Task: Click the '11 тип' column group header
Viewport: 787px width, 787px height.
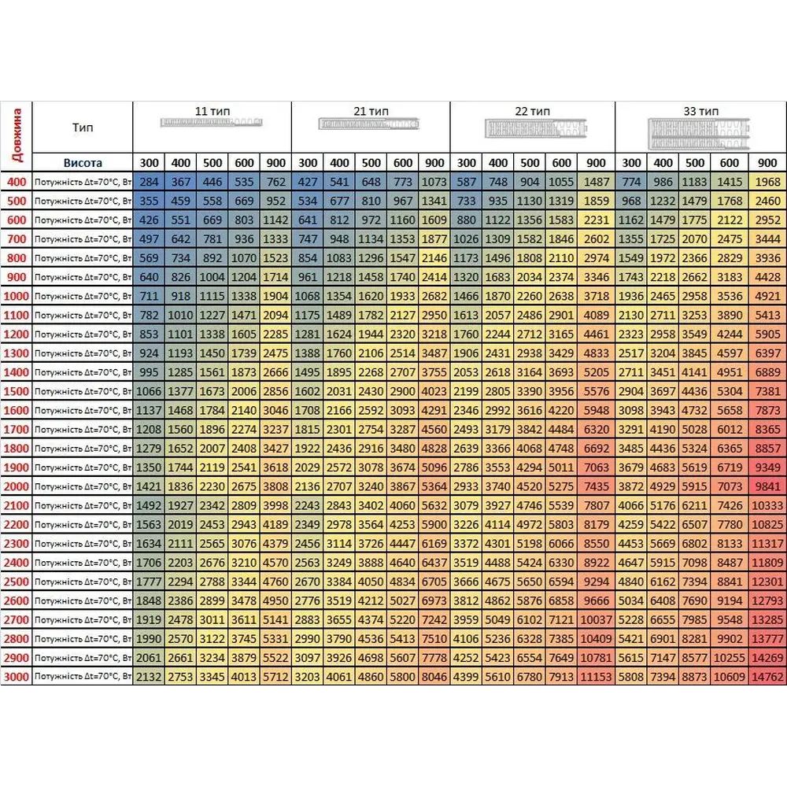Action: (212, 111)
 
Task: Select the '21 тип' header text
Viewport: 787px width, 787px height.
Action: (371, 111)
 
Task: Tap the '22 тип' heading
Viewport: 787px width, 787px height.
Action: (531, 111)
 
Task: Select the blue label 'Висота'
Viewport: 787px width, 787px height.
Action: (82, 163)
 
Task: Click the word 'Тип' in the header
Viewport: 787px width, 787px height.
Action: (82, 127)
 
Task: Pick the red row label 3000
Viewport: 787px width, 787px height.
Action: (17, 677)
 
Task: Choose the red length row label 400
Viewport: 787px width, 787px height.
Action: (17, 183)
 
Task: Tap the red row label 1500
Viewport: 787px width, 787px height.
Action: (17, 391)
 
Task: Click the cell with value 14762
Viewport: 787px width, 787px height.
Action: (767, 677)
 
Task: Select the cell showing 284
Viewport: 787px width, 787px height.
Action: (149, 183)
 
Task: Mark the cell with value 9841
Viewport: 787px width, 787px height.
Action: (767, 486)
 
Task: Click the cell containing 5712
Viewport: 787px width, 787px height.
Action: (275, 677)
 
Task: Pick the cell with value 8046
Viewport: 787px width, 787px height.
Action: (434, 677)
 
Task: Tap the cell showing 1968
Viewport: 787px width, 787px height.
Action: (767, 183)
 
